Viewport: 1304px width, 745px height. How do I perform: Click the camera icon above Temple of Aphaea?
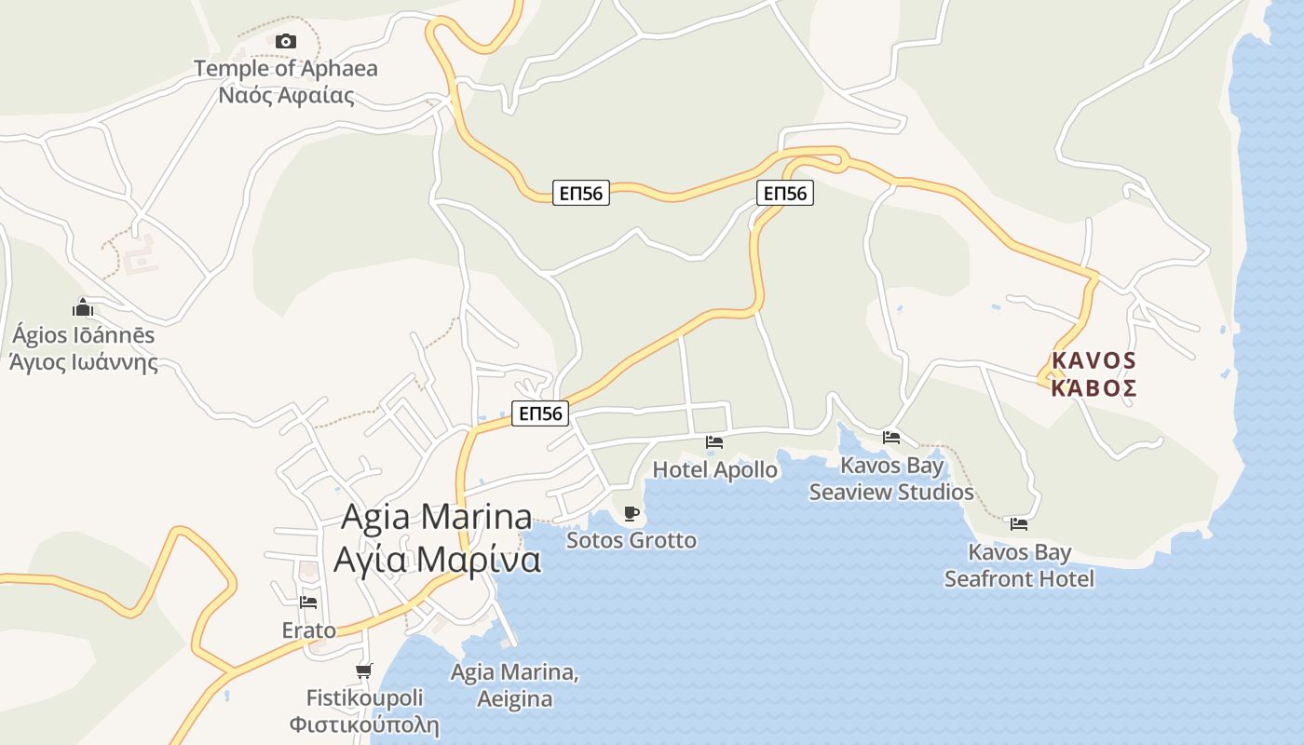pyautogui.click(x=286, y=41)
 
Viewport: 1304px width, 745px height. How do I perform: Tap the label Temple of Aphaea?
pyautogui.click(x=286, y=68)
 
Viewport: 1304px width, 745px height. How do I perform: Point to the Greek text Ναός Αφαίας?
pyautogui.click(x=286, y=95)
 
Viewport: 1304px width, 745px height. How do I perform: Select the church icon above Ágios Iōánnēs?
pyautogui.click(x=83, y=307)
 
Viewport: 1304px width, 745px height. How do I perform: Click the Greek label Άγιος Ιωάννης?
pyautogui.click(x=84, y=362)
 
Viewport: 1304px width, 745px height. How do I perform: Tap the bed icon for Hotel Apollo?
pyautogui.click(x=714, y=442)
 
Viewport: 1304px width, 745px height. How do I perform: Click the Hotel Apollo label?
pyautogui.click(x=714, y=469)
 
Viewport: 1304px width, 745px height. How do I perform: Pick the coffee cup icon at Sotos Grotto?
pyautogui.click(x=631, y=513)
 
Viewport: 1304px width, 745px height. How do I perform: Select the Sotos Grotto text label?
pyautogui.click(x=631, y=540)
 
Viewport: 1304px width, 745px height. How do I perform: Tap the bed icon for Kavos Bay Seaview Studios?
pyautogui.click(x=891, y=438)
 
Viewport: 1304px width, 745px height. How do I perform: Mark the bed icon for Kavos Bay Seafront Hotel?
pyautogui.click(x=1019, y=525)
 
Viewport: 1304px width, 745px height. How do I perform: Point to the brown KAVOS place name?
pyautogui.click(x=1093, y=360)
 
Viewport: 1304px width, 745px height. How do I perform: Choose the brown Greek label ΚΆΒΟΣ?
pyautogui.click(x=1093, y=387)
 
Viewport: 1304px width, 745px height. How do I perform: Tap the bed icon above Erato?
pyautogui.click(x=308, y=603)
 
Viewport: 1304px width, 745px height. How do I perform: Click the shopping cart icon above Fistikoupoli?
pyautogui.click(x=364, y=670)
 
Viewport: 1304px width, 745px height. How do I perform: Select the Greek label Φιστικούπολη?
pyautogui.click(x=364, y=725)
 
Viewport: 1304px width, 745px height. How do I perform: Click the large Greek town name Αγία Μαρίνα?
pyautogui.click(x=437, y=560)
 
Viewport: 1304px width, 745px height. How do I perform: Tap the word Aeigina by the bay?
pyautogui.click(x=514, y=699)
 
